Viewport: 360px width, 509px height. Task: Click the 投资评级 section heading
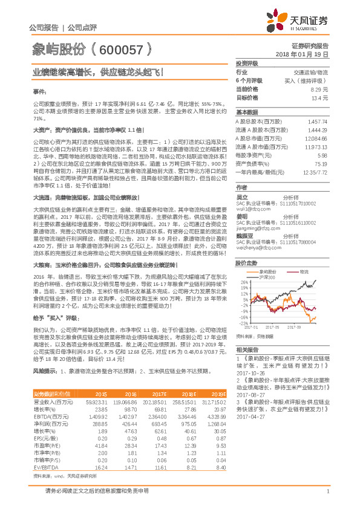(x=247, y=63)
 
